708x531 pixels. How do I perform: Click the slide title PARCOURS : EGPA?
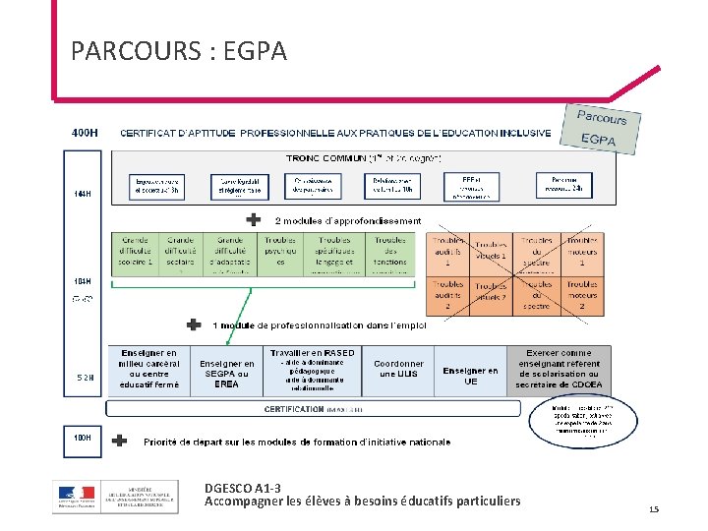(x=179, y=50)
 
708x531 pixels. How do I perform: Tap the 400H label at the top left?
(x=85, y=132)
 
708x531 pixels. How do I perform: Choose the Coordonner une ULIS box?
(x=399, y=370)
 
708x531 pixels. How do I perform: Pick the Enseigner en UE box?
(x=470, y=376)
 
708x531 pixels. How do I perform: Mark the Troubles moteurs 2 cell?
(x=582, y=297)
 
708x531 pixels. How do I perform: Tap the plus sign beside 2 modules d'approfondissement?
(x=254, y=220)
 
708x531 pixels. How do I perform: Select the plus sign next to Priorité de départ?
(x=120, y=442)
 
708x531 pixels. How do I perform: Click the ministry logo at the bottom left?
(x=116, y=496)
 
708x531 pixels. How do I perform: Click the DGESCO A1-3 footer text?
(x=242, y=488)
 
